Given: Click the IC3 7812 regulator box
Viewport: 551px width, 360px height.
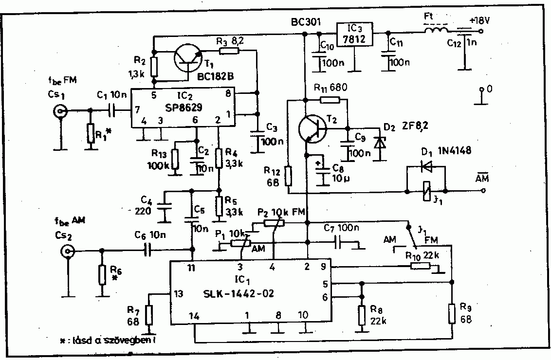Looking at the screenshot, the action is tap(354, 34).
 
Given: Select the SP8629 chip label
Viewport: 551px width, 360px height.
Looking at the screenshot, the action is tap(184, 108).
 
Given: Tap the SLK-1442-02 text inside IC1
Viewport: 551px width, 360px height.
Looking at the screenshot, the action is tap(239, 293).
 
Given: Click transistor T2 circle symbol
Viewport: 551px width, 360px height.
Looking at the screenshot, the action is tap(312, 128).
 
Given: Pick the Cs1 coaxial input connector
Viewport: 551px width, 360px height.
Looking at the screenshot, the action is tap(60, 111).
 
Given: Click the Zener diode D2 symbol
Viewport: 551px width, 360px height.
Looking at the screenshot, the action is tap(380, 143).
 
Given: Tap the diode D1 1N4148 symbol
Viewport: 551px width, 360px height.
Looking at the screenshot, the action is tap(426, 167).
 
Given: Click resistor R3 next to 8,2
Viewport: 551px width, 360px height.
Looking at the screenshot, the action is tap(229, 51).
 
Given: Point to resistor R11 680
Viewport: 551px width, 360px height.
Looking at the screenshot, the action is tap(330, 100).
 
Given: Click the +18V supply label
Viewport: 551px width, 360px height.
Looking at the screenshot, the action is tap(479, 21).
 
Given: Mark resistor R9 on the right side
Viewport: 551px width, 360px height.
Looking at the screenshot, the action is tap(452, 314).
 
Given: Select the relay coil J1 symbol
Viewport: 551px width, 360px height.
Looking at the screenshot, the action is tap(426, 191).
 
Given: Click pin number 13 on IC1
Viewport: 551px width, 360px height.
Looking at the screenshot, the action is tap(179, 294).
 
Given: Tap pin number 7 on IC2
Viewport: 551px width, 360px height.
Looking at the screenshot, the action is tap(137, 110).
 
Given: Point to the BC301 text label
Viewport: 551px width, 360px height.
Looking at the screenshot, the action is tap(306, 22).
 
